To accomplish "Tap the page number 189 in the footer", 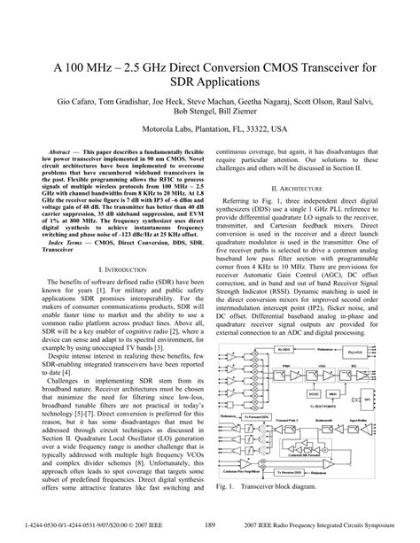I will tap(210, 524).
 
